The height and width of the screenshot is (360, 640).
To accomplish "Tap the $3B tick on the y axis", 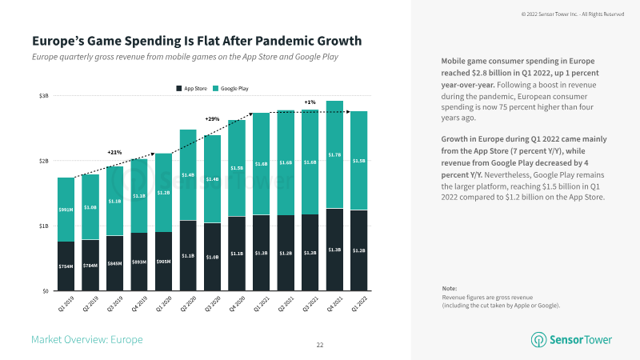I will point(44,96).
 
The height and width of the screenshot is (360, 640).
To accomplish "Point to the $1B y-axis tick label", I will point(44,226).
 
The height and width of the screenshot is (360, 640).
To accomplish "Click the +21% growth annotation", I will point(114,152).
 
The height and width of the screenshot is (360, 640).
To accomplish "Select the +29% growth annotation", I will point(212,119).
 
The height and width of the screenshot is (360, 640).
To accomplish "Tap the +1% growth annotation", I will point(310,102).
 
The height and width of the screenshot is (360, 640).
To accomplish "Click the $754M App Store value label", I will point(66,266).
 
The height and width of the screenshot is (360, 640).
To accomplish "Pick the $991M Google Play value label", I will point(66,210).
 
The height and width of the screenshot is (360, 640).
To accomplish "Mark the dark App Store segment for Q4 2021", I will point(334,250).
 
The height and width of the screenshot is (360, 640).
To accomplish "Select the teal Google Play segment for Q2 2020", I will point(188,175).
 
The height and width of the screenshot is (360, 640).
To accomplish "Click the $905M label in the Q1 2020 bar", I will point(163,262).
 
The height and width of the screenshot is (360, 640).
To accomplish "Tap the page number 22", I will point(319,345).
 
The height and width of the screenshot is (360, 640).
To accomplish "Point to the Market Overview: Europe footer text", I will point(86,340).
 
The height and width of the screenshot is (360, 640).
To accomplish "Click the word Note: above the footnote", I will point(450,288).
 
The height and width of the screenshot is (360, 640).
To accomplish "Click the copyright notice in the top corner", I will point(571,14).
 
